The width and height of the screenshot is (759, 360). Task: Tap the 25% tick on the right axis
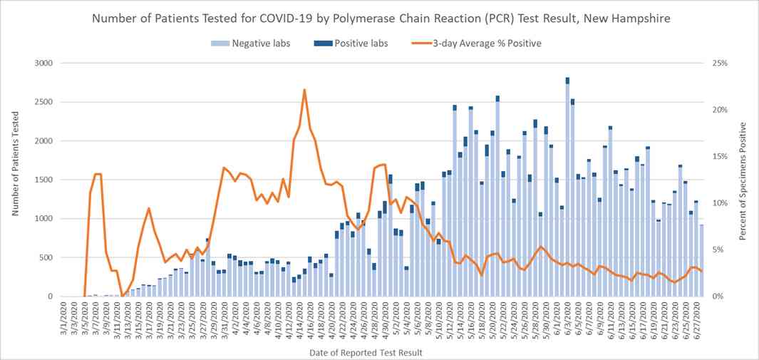pyautogui.click(x=719, y=63)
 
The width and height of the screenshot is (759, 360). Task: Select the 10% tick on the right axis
pyautogui.click(x=719, y=203)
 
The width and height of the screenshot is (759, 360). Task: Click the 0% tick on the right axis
pyautogui.click(x=717, y=296)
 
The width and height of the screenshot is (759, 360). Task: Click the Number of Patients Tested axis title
pyautogui.click(x=15, y=180)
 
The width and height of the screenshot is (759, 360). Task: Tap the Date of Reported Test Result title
pyautogui.click(x=365, y=352)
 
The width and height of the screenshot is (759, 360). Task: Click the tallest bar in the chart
pyautogui.click(x=567, y=187)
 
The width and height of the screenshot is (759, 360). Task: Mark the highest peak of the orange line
pyautogui.click(x=304, y=90)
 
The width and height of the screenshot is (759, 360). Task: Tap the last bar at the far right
pyautogui.click(x=701, y=260)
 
